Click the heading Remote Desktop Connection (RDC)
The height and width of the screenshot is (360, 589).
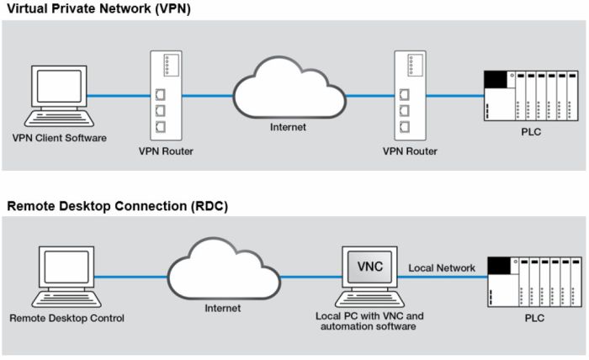pyautogui.click(x=117, y=205)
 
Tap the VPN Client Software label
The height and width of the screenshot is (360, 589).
pyautogui.click(x=59, y=137)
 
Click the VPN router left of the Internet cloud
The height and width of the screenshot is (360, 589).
pyautogui.click(x=166, y=94)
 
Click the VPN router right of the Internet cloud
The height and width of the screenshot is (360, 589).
pyautogui.click(x=406, y=94)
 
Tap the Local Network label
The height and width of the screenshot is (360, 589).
pyautogui.click(x=442, y=268)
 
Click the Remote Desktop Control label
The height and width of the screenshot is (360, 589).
pyautogui.click(x=66, y=319)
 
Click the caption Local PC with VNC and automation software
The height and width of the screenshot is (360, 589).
pyautogui.click(x=370, y=320)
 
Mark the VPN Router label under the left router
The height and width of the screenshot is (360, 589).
pyautogui.click(x=165, y=152)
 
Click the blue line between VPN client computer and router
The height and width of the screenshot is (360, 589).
pyautogui.click(x=118, y=95)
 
